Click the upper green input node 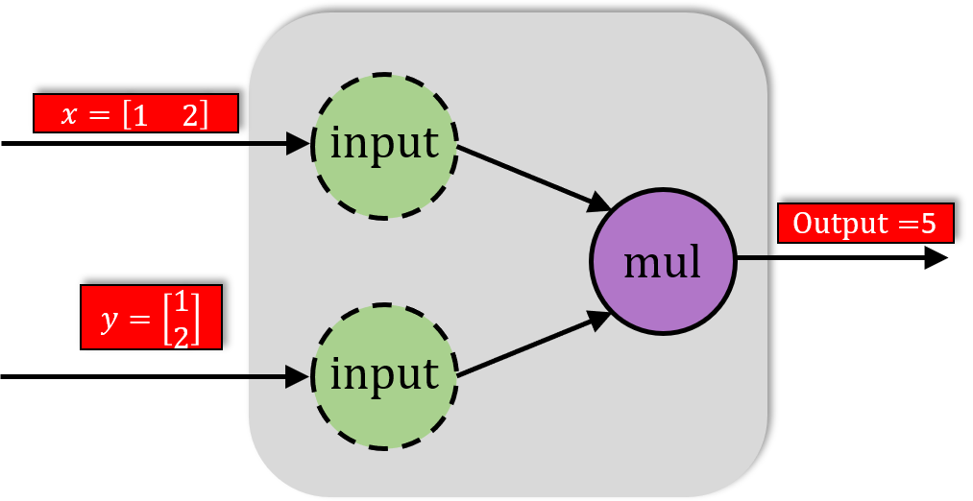384,146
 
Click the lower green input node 384,376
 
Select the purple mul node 663,261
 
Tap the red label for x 135,114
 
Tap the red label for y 151,318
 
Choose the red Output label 864,224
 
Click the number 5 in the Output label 928,224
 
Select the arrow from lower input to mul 533,345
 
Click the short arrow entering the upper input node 280,144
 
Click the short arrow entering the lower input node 280,377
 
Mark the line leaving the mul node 751,258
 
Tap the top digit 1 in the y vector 181,303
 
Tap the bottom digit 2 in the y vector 181,332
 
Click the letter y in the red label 110,319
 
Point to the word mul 663,261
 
